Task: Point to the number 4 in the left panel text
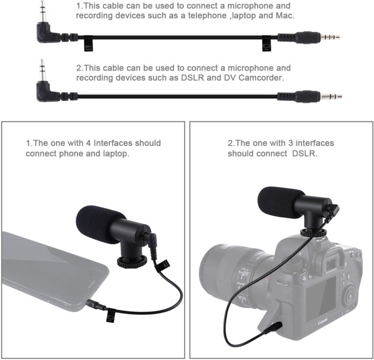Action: coord(88,143)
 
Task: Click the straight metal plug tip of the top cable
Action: coord(330,37)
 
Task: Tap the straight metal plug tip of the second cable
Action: coord(331,96)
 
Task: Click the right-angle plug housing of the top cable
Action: coord(47,33)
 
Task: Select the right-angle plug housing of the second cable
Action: coord(47,92)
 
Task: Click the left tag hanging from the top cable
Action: coord(88,43)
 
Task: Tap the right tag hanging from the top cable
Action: coord(266,43)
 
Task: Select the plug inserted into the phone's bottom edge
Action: coord(96,305)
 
